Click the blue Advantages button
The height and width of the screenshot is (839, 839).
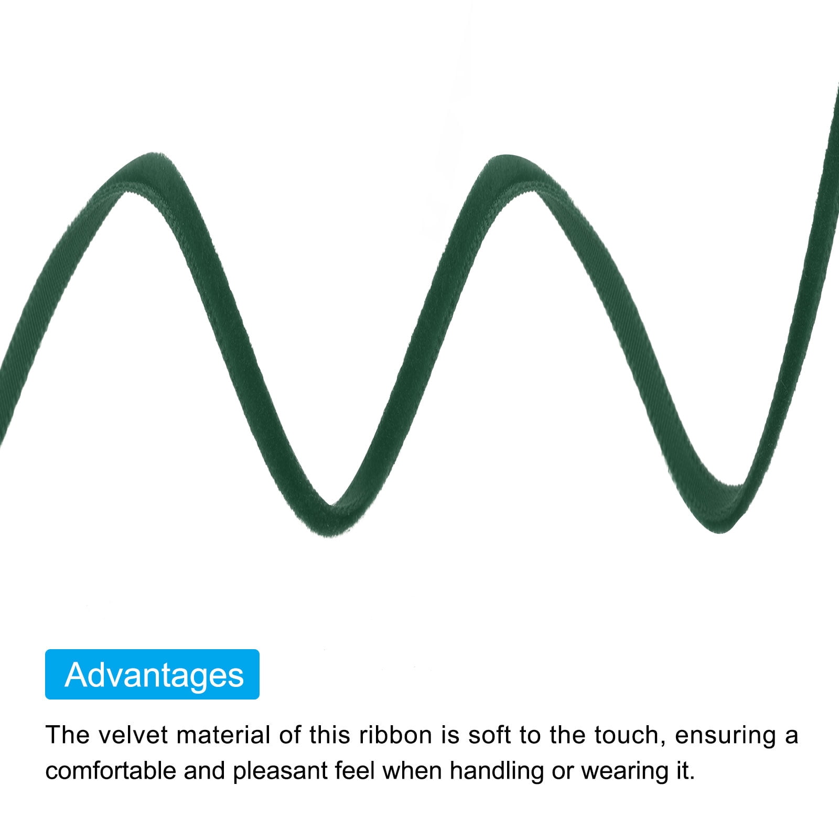point(152,674)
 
